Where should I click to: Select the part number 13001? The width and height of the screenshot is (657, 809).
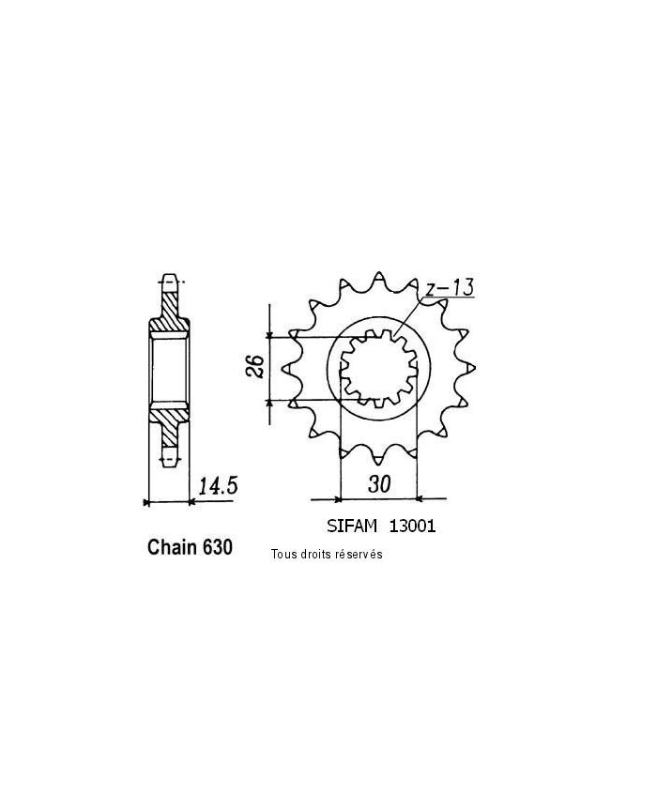(414, 527)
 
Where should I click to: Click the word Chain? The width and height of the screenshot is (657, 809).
(172, 548)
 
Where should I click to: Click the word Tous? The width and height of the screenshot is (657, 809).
(283, 555)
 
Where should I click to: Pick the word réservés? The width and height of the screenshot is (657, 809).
(358, 555)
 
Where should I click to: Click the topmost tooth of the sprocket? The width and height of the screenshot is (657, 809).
(378, 278)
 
